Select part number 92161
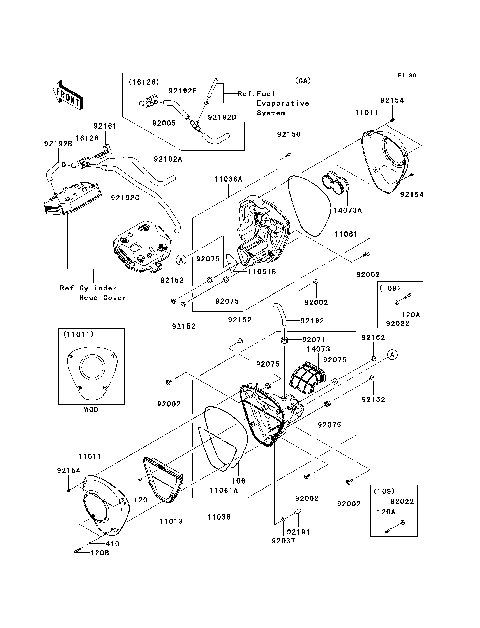(x=105, y=126)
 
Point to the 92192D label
(x=221, y=117)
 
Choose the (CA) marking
(x=303, y=79)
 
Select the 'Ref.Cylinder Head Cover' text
(x=92, y=292)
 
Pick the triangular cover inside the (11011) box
(x=74, y=376)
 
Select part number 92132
(x=373, y=399)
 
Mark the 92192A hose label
(x=167, y=158)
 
